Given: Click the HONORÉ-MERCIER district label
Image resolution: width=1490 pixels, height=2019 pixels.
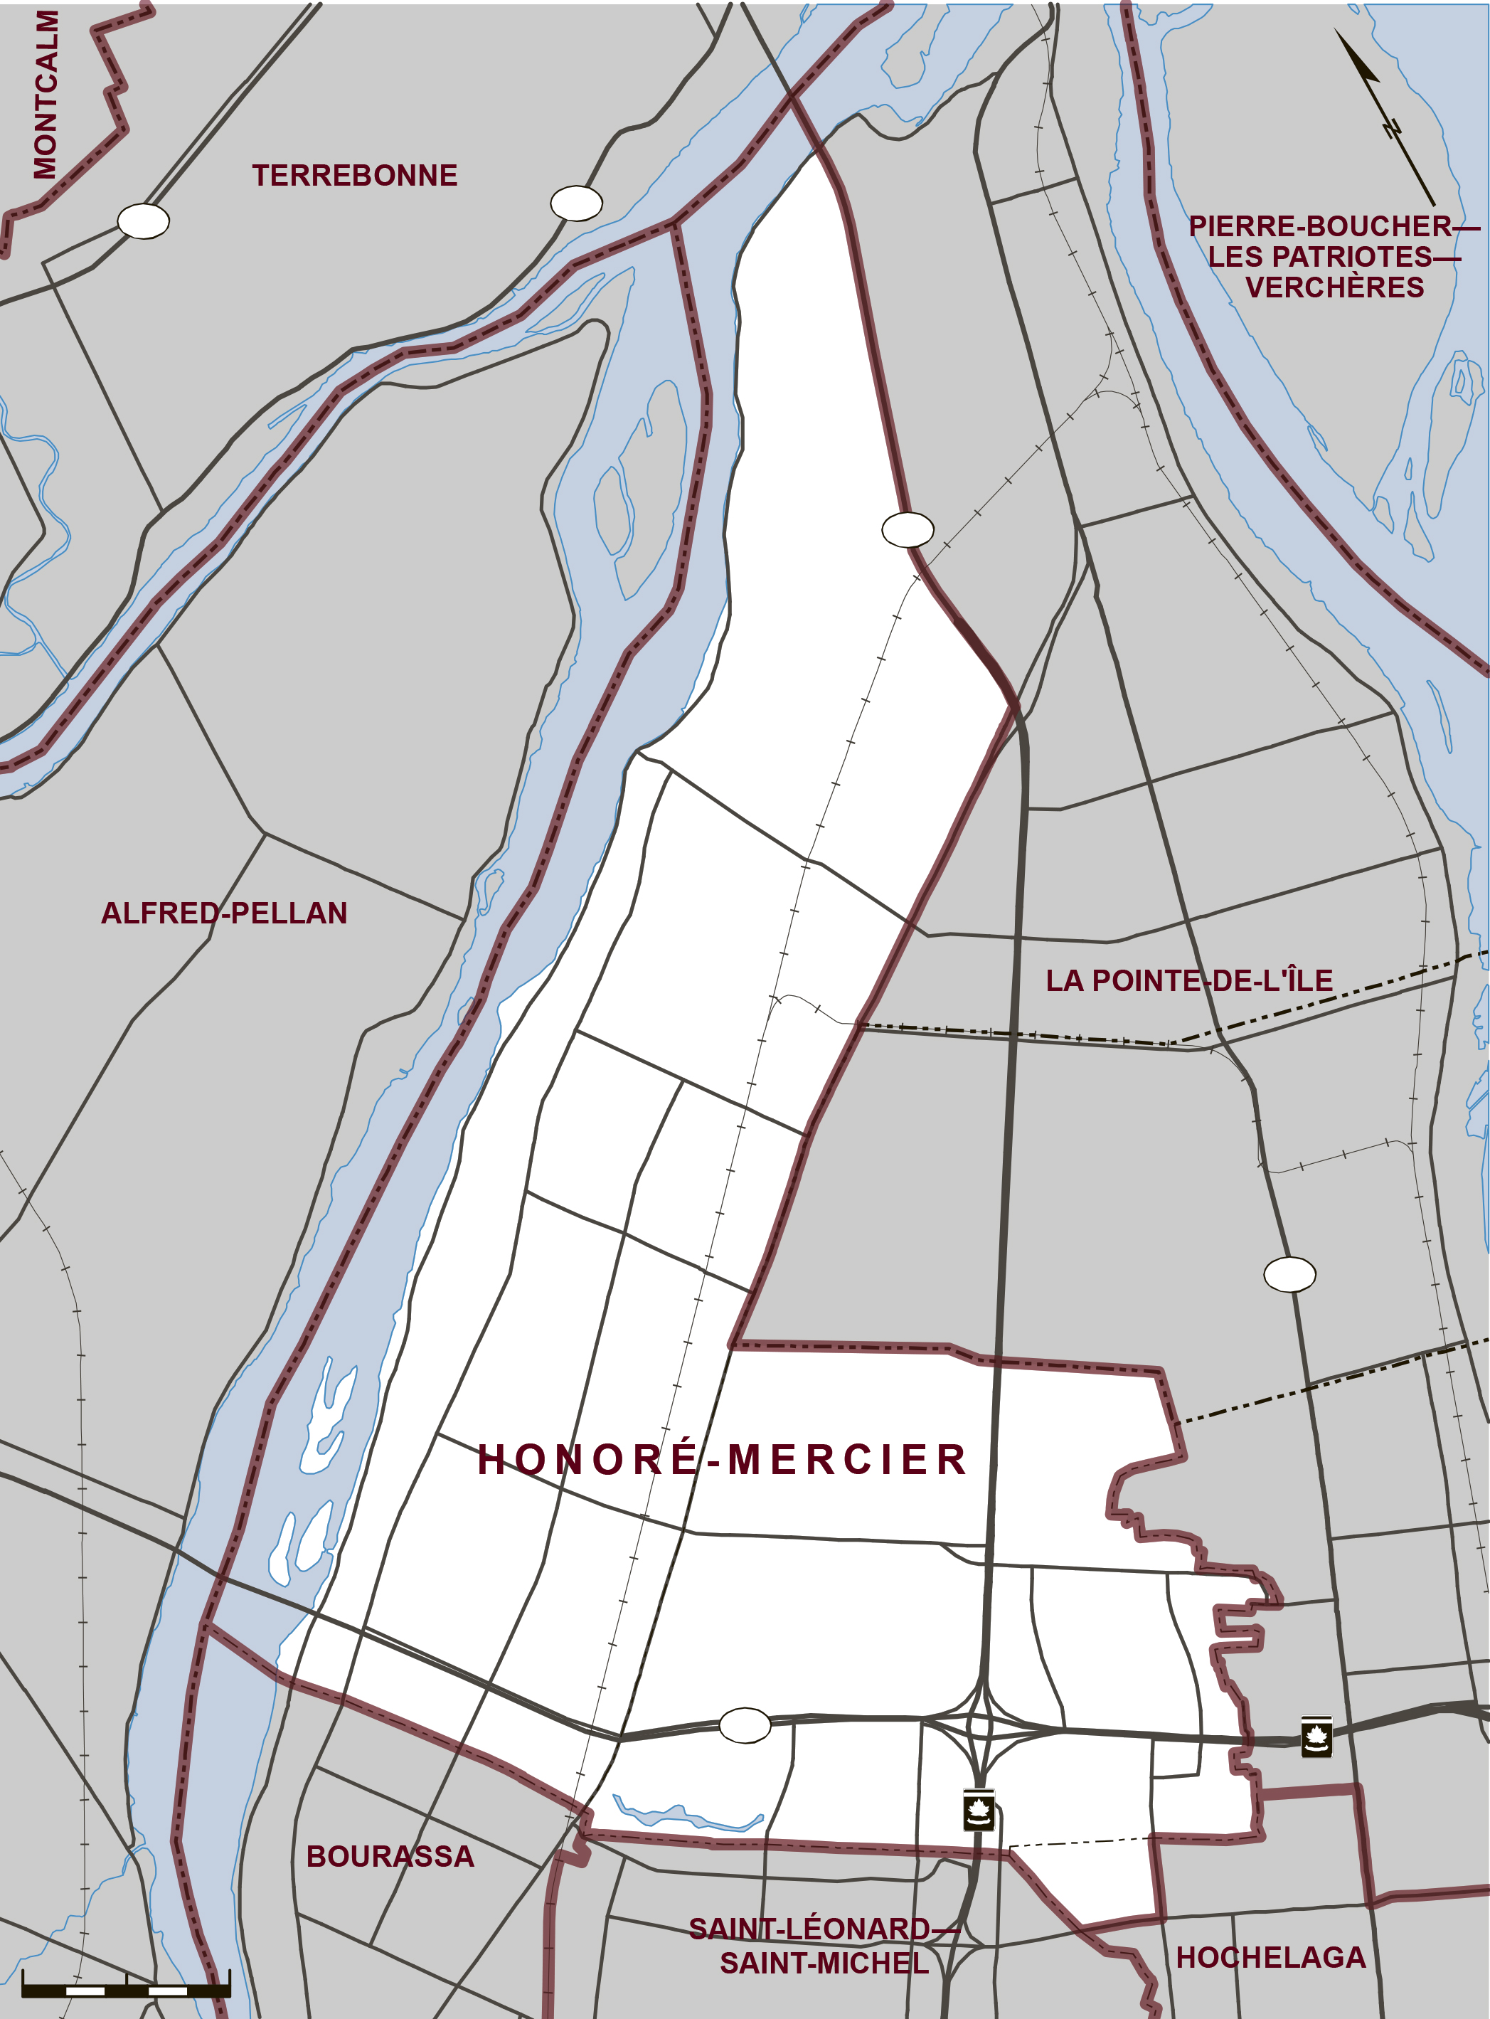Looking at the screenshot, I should coord(722,1459).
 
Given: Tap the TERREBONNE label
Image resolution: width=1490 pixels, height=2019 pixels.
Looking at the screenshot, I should coord(354,175).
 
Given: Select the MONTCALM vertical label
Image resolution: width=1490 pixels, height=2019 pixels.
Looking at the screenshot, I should coord(45,95).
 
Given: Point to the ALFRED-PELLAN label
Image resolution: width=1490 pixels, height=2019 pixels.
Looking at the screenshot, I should coord(224,913).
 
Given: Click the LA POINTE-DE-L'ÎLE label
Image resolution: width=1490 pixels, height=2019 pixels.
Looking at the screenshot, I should coord(1188,980).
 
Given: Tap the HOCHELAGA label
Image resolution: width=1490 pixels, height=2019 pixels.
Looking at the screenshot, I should coord(1271,1958).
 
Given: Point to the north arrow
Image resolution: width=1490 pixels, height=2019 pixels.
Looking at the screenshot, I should coord(1385,117).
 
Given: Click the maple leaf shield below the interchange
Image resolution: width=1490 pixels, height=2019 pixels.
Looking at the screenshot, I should coord(979,1810).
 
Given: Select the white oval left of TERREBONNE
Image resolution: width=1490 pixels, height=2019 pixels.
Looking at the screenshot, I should coord(144,221).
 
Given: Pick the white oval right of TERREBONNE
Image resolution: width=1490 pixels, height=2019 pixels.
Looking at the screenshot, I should coord(576,203).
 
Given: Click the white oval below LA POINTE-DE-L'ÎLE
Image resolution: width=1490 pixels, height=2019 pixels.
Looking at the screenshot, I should coord(1289,1274).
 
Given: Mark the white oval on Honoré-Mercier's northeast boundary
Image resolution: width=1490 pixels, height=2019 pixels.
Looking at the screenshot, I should coord(908,529).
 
